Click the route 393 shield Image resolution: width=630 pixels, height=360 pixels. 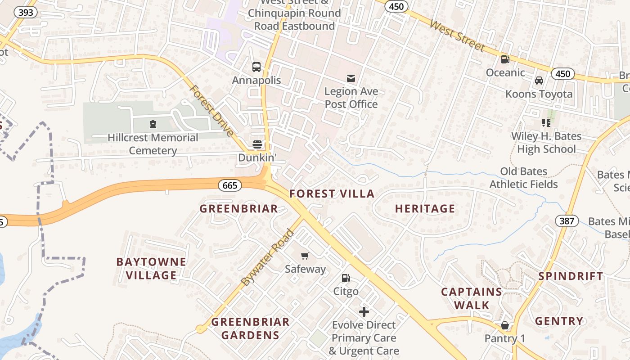[26, 12]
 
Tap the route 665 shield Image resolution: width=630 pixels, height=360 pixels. [229, 185]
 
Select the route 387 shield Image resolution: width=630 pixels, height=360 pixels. [567, 221]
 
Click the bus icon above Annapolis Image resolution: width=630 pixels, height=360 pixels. [256, 67]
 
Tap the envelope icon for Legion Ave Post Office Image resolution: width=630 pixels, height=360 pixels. [351, 78]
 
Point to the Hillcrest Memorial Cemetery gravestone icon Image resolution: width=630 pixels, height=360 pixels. [153, 124]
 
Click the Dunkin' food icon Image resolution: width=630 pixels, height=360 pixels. [257, 144]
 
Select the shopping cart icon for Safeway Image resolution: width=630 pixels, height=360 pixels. [305, 256]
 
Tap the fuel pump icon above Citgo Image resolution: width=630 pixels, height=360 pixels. [346, 278]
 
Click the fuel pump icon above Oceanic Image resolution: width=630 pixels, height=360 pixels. [505, 59]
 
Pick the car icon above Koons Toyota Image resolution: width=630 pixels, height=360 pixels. [539, 81]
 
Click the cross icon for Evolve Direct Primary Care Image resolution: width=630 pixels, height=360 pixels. [364, 311]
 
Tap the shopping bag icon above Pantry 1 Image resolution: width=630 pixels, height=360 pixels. [505, 325]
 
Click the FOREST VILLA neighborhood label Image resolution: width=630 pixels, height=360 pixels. [332, 194]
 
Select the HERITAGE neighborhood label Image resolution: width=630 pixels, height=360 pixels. [425, 209]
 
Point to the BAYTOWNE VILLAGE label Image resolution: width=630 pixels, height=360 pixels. [151, 269]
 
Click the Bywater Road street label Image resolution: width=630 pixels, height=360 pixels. [267, 257]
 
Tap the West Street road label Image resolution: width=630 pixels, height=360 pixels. [457, 35]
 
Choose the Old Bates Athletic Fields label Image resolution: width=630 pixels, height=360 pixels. [523, 178]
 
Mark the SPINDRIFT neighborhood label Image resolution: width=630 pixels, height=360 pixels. [571, 276]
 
